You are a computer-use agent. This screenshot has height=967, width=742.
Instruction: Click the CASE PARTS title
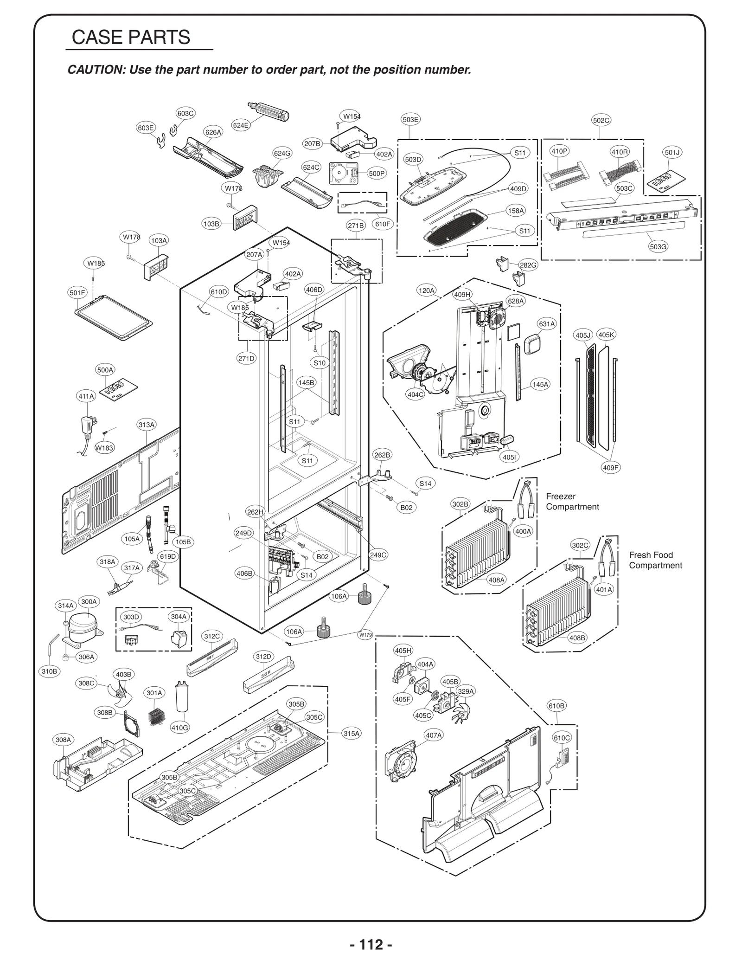131,37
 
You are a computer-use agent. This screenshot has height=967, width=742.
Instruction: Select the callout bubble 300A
89,602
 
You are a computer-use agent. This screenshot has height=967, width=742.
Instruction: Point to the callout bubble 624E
241,125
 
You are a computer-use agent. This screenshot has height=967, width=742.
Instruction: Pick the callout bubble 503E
410,120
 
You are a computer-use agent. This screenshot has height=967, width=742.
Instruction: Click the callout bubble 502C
601,120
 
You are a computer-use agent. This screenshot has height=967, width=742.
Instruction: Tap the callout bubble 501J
672,152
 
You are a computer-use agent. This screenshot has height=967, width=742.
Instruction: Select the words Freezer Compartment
572,502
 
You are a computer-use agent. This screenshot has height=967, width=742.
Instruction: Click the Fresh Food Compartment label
655,560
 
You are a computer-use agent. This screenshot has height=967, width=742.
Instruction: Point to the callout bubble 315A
351,734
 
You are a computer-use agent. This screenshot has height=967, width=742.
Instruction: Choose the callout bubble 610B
556,706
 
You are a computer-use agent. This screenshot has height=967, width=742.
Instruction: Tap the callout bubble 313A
147,425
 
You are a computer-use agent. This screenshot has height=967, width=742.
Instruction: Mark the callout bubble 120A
427,291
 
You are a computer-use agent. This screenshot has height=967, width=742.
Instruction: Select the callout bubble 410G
180,728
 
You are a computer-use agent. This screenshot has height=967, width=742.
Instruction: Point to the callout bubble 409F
611,468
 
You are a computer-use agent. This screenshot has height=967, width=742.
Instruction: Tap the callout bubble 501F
77,293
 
